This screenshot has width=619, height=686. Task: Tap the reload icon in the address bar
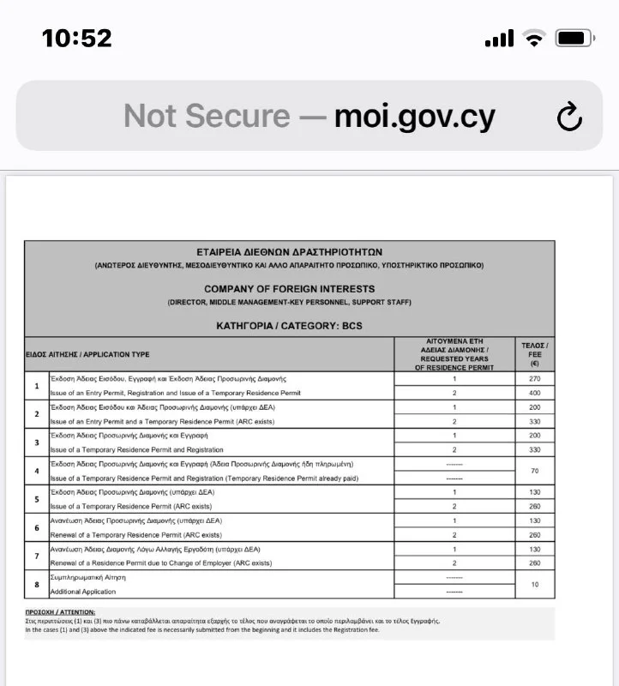point(569,117)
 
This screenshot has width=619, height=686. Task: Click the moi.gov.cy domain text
point(415,117)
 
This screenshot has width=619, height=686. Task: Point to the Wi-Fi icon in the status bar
point(535,38)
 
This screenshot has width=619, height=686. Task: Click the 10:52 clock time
point(77,38)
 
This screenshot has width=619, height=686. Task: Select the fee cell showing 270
point(535,378)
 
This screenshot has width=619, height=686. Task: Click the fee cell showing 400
point(535,392)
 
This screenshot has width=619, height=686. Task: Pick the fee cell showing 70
point(535,471)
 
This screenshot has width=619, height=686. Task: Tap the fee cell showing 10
point(535,585)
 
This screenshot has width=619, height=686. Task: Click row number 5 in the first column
point(36,499)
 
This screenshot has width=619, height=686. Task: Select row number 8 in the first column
point(36,585)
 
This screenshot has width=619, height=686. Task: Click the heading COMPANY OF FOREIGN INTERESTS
point(289,289)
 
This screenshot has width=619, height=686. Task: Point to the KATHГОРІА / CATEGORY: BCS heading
point(289,327)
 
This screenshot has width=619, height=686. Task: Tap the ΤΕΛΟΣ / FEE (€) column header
point(535,353)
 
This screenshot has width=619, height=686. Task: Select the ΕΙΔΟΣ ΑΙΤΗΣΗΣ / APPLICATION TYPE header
point(87,353)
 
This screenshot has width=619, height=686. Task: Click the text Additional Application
point(84,592)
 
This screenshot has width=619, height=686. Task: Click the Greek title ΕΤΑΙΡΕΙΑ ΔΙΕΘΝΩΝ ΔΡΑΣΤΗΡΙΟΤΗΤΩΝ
point(289,254)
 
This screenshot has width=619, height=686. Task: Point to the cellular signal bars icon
point(499,38)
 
